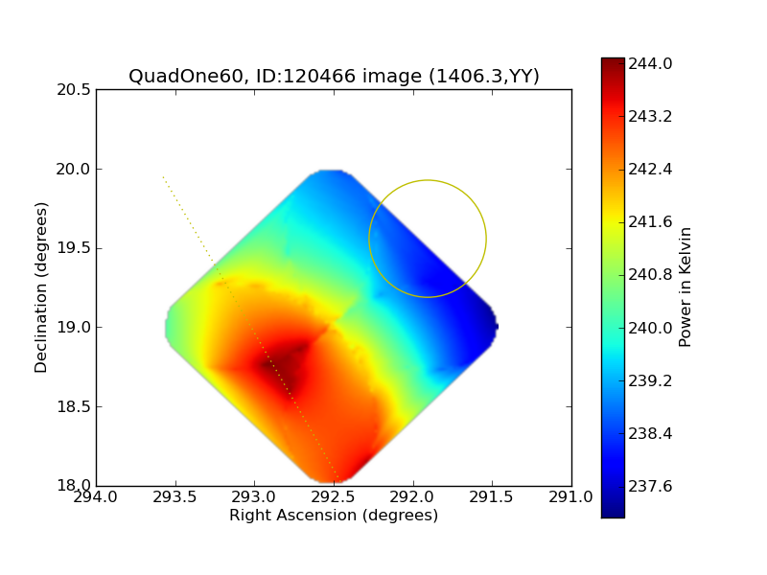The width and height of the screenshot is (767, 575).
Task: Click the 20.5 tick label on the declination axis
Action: tap(74, 90)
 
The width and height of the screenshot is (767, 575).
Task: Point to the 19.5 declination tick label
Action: tap(74, 248)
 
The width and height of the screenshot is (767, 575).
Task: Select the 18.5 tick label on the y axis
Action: tap(74, 406)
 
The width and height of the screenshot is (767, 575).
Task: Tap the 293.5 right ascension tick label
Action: tap(174, 497)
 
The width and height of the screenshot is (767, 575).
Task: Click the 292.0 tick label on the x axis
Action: tap(412, 497)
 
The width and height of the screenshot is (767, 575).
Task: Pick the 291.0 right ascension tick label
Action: tap(570, 497)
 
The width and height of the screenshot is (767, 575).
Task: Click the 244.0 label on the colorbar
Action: tap(650, 63)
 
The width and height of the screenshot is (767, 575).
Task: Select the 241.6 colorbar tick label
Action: tap(650, 222)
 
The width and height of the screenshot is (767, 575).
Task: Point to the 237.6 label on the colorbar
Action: tap(650, 486)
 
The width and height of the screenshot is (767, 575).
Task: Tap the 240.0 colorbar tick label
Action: tap(650, 328)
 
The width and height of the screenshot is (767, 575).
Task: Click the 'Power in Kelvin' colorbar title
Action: tap(686, 287)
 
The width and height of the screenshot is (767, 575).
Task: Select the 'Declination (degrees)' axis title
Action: tap(41, 287)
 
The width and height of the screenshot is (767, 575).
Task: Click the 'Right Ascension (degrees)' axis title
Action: tap(334, 516)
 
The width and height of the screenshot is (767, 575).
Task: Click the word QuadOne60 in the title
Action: tap(186, 77)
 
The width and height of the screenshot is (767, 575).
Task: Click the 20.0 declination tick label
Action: tap(74, 170)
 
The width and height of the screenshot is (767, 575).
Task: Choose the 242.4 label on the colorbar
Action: tap(650, 170)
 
